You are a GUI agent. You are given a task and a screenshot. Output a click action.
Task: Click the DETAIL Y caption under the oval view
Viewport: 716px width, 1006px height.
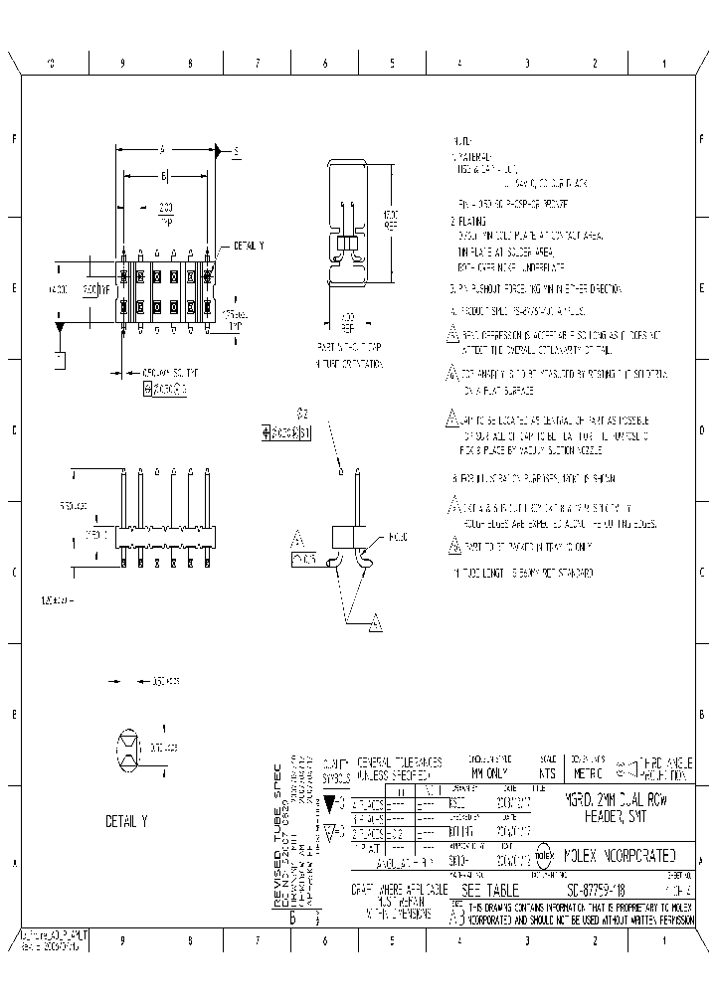(125, 822)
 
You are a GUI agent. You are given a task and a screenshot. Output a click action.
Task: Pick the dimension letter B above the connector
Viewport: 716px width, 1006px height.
(164, 175)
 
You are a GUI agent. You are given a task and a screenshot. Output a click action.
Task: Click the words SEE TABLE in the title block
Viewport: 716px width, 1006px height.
(484, 888)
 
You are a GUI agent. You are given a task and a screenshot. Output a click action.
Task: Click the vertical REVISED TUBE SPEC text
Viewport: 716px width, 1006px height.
(278, 836)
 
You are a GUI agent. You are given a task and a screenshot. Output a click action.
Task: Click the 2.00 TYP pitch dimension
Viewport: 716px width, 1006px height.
(165, 213)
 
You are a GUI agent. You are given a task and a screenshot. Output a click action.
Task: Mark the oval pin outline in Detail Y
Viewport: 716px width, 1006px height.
(127, 748)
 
